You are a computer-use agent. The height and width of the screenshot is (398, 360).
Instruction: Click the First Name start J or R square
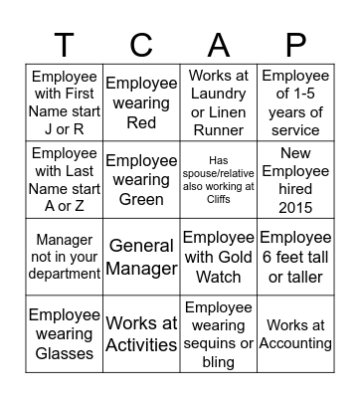tap(64, 102)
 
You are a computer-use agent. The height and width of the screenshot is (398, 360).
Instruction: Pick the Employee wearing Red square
tap(141, 102)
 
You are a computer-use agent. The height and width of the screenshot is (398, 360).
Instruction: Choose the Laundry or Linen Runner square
tap(218, 102)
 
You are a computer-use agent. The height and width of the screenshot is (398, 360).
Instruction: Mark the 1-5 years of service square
tap(295, 102)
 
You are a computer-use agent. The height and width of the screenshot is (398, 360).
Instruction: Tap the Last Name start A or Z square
tap(64, 180)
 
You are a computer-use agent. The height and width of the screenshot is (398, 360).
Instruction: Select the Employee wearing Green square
tap(141, 180)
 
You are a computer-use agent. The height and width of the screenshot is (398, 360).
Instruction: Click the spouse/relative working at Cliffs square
tap(218, 180)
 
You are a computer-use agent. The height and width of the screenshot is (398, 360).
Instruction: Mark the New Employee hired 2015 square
tap(295, 180)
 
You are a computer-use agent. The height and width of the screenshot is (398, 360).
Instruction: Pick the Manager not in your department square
tap(64, 257)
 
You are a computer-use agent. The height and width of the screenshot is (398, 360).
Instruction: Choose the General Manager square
tap(141, 257)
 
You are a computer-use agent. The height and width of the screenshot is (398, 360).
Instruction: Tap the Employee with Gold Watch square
tap(218, 257)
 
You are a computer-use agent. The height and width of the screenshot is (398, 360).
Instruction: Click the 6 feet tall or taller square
tap(295, 257)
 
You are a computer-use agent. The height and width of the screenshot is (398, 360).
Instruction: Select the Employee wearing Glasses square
tap(64, 334)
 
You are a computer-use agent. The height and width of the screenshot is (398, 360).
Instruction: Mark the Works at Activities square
tap(141, 334)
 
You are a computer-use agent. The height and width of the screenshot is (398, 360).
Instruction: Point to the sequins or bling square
tap(218, 334)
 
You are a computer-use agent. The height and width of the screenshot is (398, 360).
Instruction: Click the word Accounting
tap(295, 343)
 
